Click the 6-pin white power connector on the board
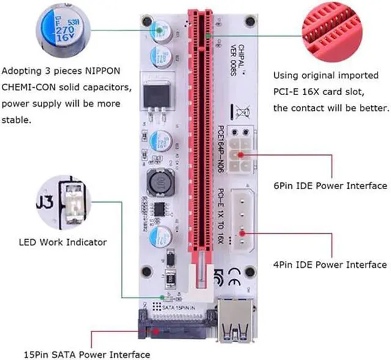(239, 149)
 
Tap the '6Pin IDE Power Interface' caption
(330, 185)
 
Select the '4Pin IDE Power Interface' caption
(330, 264)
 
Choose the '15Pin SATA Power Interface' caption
(87, 354)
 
